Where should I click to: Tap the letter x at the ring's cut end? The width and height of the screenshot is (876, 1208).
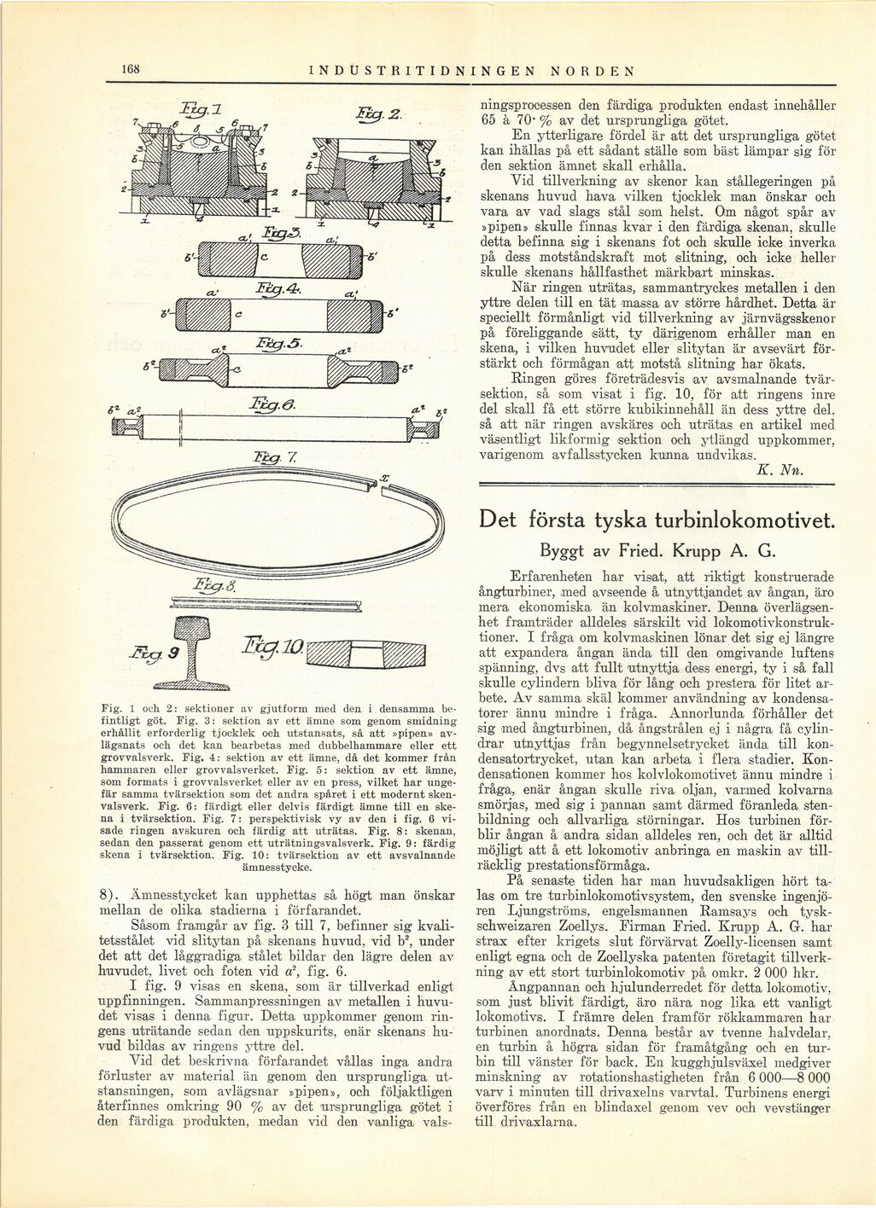[x=386, y=480]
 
